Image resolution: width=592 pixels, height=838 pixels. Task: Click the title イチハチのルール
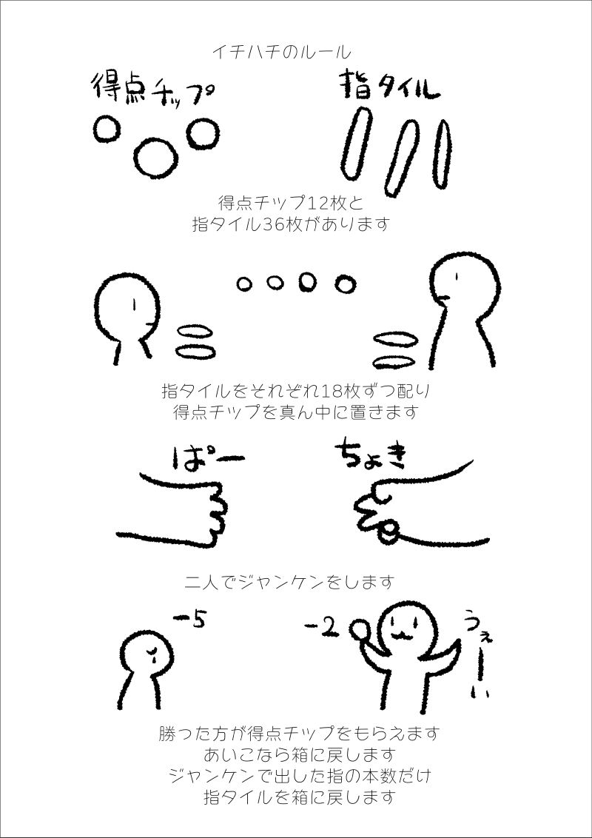[282, 52]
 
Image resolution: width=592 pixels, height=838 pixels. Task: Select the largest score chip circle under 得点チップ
[155, 158]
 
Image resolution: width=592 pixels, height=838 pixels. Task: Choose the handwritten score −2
[322, 629]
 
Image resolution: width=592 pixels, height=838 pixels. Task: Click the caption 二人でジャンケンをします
[289, 581]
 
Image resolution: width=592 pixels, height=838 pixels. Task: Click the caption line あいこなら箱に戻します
[299, 754]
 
